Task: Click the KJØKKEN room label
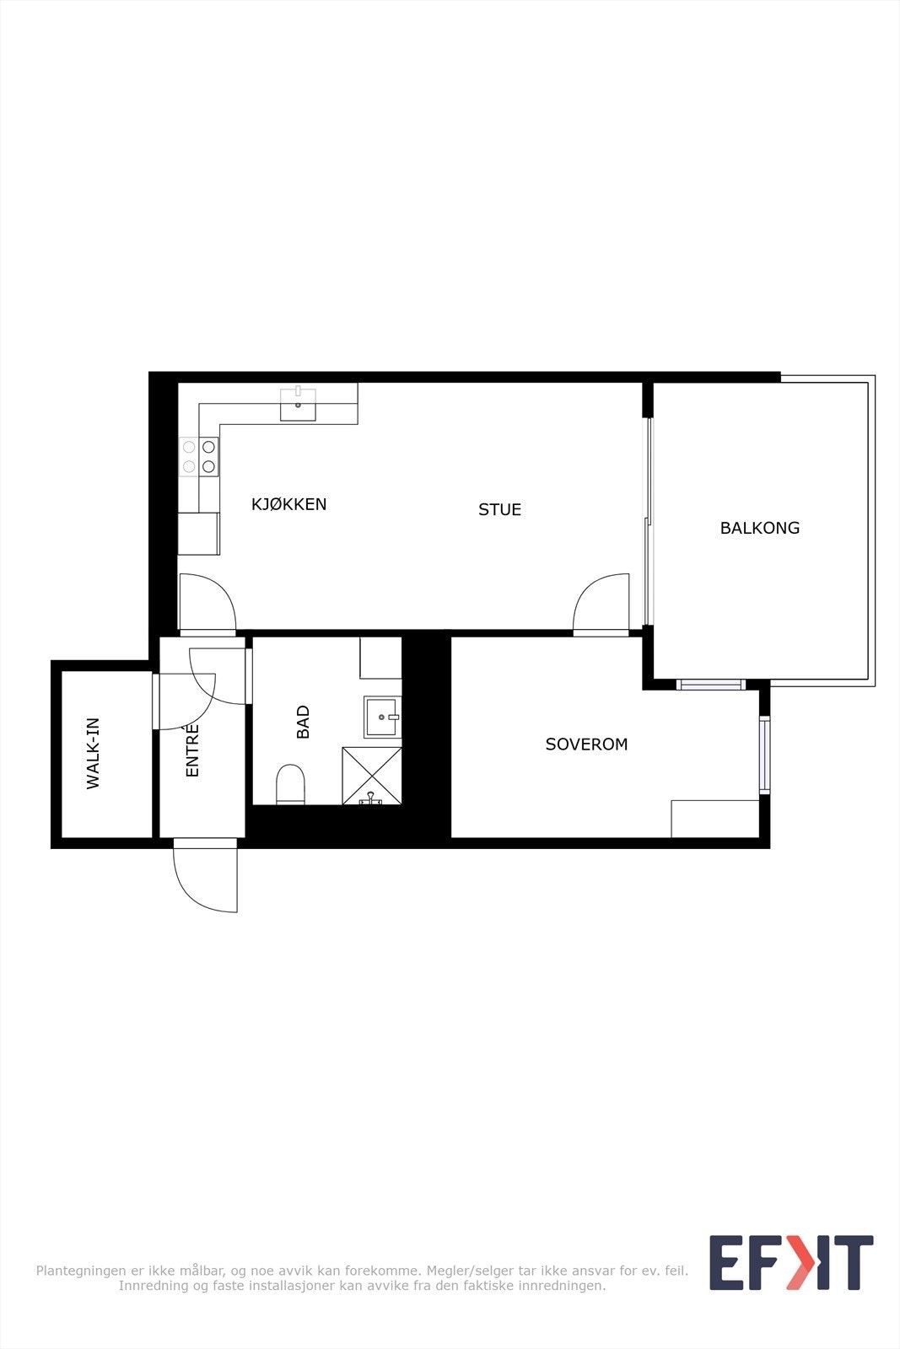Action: tap(288, 504)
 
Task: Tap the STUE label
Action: tap(499, 509)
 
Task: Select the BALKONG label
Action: tap(759, 528)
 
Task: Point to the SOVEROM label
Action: tap(586, 744)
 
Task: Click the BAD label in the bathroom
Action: tap(303, 722)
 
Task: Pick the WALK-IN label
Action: tap(93, 753)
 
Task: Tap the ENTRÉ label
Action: tap(192, 750)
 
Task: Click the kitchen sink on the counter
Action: tap(298, 404)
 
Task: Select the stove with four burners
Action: tap(199, 457)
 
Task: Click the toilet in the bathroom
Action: tap(290, 784)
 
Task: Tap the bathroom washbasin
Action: tap(382, 717)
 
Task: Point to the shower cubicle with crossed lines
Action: tap(371, 775)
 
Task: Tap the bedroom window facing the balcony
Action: tap(711, 685)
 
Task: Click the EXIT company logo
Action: tap(790, 1262)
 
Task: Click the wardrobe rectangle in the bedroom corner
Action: tap(714, 819)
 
